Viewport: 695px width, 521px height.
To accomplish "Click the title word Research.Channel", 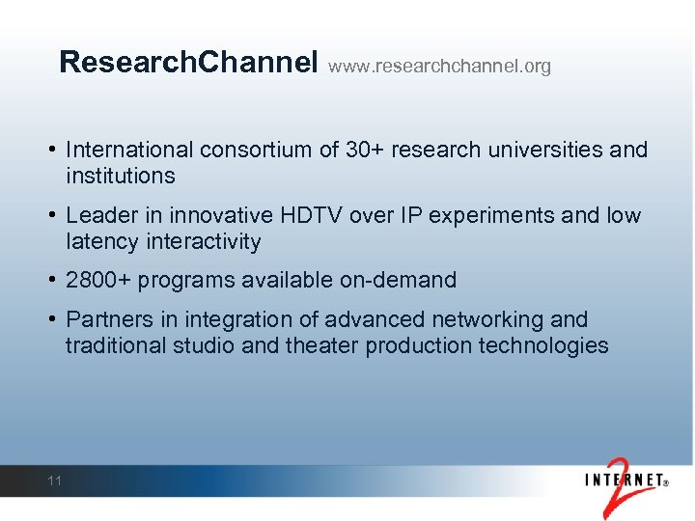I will pos(188,63).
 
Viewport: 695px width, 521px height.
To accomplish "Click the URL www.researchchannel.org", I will pos(439,67).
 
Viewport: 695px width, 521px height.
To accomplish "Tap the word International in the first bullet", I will pos(128,151).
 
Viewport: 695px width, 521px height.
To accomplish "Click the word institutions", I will pos(121,176).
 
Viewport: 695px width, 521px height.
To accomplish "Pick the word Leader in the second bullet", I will pos(97,215).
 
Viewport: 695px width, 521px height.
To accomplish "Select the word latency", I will pos(99,241).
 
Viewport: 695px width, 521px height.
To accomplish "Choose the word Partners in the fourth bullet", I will pos(104,320).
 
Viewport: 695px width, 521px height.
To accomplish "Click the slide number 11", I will pos(54,480).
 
